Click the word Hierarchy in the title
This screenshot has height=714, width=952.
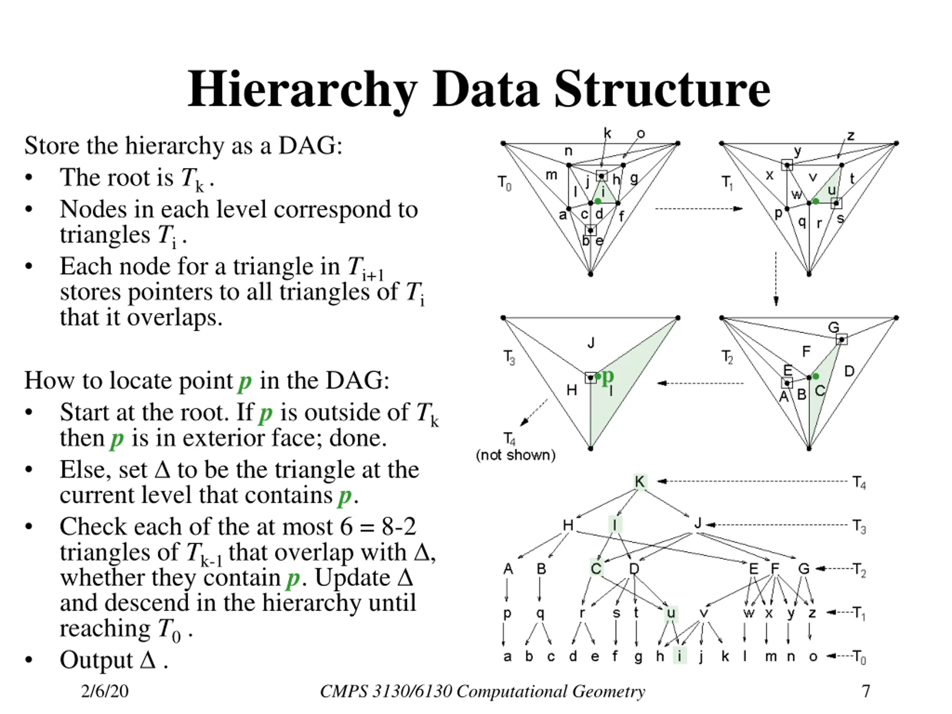(x=302, y=89)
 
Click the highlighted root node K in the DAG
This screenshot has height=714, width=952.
(x=640, y=482)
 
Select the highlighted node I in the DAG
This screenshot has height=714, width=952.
(x=615, y=525)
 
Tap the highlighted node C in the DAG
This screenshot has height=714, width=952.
(x=596, y=569)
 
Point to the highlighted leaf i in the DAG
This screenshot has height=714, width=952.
(x=679, y=656)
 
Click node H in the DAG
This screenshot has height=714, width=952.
(x=568, y=525)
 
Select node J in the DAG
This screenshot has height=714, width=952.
(x=698, y=524)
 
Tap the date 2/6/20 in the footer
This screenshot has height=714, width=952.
(x=104, y=691)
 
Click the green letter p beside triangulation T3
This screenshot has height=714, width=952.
(x=607, y=377)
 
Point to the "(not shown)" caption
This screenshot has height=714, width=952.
(x=515, y=455)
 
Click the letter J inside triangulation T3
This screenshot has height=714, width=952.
(x=591, y=343)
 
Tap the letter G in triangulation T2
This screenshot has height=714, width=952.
(x=834, y=328)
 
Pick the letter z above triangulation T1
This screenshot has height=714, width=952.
(x=851, y=136)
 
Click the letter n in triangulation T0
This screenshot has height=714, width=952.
(x=568, y=151)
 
